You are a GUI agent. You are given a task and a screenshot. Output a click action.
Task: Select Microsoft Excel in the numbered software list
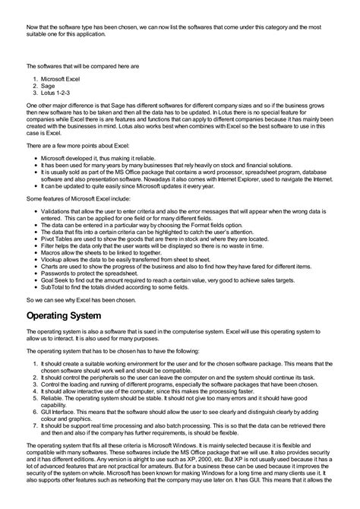[60, 78]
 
